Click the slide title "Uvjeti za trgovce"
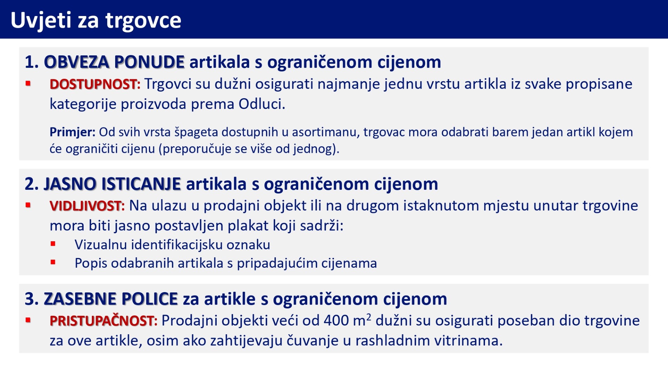pos(96,20)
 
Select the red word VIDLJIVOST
pos(86,206)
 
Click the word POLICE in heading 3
pos(150,299)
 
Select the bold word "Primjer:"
pos(72,132)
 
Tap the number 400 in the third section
pos(336,321)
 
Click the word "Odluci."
pos(262,104)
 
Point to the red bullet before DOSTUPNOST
pos(28,84)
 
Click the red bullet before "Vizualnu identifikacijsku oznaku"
pos(53,244)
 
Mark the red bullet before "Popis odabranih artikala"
pos(53,262)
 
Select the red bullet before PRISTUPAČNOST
pos(28,320)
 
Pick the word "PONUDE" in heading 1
pos(149,62)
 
